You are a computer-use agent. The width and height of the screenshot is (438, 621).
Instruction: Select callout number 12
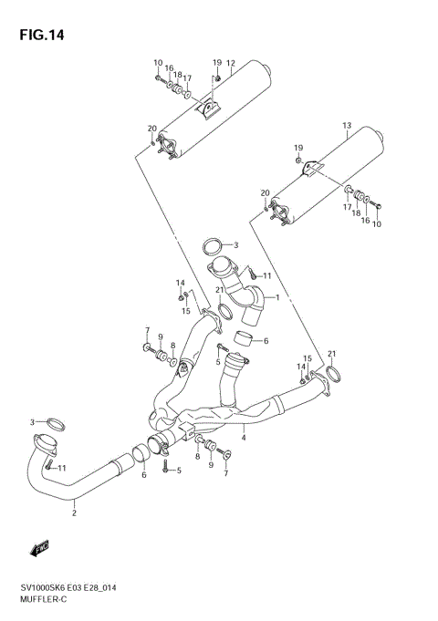point(231,64)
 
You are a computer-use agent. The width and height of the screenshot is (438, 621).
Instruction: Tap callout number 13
point(346,125)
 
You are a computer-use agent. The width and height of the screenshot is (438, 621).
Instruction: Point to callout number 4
point(244,439)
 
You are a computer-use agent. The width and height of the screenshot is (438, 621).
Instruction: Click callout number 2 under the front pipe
point(74,513)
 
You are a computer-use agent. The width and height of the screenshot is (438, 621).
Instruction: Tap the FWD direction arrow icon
point(39,548)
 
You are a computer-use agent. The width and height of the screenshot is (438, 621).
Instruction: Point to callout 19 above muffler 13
point(297,148)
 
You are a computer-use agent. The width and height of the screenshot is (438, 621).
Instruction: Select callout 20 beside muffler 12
point(151,128)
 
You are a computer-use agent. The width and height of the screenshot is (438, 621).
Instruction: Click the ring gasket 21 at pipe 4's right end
point(333,373)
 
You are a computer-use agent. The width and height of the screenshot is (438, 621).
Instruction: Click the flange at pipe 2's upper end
point(43,448)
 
